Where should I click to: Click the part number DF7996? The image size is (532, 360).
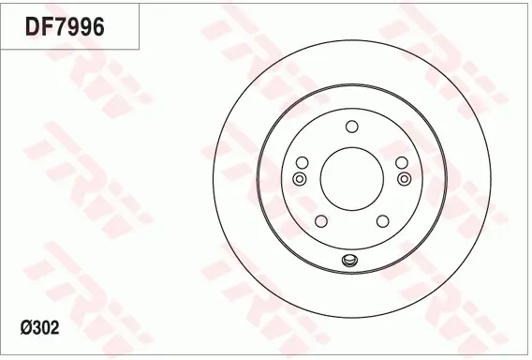tap(64, 27)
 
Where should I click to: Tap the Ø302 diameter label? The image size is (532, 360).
tap(41, 329)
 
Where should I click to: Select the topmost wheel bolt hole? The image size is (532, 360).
tap(351, 127)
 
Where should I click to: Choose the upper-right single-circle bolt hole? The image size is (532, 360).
tap(401, 161)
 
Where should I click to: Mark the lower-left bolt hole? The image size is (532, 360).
tap(321, 221)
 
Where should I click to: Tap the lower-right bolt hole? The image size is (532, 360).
tap(382, 221)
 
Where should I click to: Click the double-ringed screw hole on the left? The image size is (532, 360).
tap(300, 178)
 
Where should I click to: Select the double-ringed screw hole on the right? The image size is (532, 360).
tap(404, 178)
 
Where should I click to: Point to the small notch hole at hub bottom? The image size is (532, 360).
tap(351, 261)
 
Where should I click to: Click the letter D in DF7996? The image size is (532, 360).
tap(32, 27)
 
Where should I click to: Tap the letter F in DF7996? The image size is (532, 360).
tap(46, 27)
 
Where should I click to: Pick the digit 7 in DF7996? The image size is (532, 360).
tap(59, 27)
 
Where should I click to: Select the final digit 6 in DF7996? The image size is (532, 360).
tap(96, 27)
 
